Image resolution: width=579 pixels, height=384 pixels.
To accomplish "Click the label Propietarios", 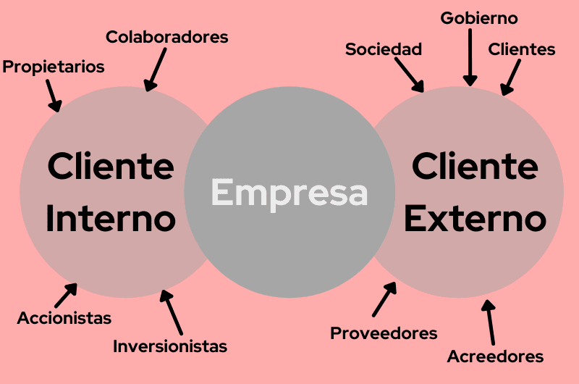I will click(x=54, y=67).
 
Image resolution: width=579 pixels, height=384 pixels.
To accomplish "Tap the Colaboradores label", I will click(x=167, y=37).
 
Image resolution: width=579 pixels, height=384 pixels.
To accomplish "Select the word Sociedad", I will click(x=384, y=49).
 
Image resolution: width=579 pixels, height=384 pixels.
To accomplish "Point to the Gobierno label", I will click(x=480, y=18).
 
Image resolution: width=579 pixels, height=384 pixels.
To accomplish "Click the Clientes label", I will click(x=522, y=49).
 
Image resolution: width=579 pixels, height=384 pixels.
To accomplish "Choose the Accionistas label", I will click(x=64, y=317).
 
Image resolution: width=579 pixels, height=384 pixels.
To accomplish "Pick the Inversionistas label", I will click(x=170, y=346).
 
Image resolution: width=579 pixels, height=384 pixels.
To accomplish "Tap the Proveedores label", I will click(x=384, y=333).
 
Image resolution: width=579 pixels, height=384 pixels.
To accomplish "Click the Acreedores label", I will click(x=495, y=356).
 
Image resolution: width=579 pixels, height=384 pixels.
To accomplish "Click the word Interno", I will click(x=111, y=219).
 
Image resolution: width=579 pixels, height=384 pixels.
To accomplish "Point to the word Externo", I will click(x=475, y=219).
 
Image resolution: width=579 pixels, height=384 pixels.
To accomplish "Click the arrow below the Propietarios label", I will click(x=54, y=95).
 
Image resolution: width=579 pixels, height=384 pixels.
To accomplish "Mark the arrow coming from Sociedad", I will click(x=410, y=76).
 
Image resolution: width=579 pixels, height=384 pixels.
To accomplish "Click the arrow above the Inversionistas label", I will click(x=171, y=312).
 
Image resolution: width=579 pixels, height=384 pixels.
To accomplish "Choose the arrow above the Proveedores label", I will click(x=384, y=299).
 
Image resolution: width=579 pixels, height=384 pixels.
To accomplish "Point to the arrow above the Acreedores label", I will click(x=491, y=322).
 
